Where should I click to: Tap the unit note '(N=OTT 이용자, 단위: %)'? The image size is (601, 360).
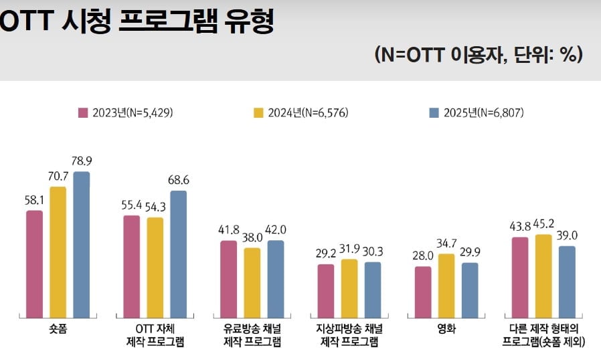[x=479, y=55]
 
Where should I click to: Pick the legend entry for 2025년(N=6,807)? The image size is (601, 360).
[x=475, y=112]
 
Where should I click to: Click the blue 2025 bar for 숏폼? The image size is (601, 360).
[x=82, y=244]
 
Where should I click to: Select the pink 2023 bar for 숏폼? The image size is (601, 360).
[x=35, y=264]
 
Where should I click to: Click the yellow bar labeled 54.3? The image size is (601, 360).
[x=155, y=267]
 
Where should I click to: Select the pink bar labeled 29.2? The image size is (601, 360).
[x=325, y=290]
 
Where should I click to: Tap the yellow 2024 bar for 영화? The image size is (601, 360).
[x=446, y=286]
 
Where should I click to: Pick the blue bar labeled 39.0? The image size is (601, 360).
[x=566, y=282]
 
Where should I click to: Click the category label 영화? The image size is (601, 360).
[x=446, y=329]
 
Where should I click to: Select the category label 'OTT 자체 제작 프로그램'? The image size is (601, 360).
[x=155, y=335]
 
